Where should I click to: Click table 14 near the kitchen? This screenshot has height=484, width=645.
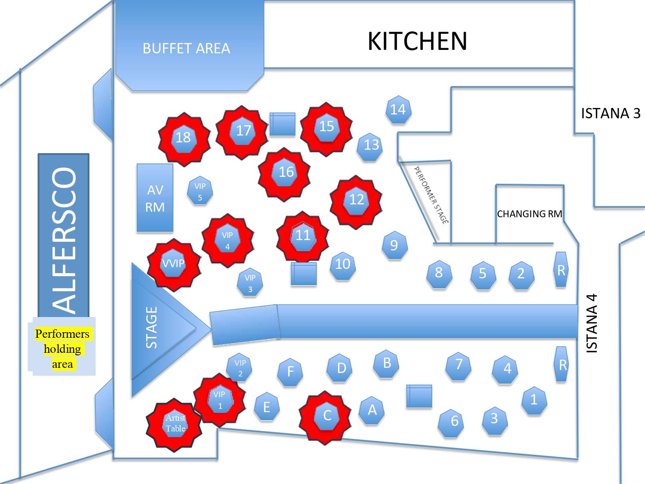click(x=398, y=110)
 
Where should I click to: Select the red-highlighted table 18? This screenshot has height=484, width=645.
click(x=184, y=138)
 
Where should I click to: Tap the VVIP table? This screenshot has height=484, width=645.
click(x=173, y=263)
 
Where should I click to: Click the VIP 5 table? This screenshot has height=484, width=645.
click(x=200, y=192)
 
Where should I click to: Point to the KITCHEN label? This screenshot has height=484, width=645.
click(x=417, y=41)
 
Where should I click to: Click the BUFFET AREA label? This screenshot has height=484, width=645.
click(x=186, y=48)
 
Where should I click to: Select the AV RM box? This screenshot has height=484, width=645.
click(x=155, y=198)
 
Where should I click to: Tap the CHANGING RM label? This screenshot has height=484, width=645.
click(x=529, y=214)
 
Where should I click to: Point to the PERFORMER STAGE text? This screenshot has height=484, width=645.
click(x=430, y=194)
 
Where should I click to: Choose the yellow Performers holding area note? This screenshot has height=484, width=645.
click(x=62, y=349)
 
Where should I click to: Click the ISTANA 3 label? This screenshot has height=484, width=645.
click(x=610, y=114)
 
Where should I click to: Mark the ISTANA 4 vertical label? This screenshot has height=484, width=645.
click(x=592, y=324)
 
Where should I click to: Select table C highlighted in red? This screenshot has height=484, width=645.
click(x=327, y=416)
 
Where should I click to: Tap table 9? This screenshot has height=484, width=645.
click(x=394, y=245)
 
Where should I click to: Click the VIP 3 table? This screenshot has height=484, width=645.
click(x=250, y=283)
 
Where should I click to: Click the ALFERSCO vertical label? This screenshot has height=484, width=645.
click(x=64, y=241)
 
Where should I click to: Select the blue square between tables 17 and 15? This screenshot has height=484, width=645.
click(x=283, y=124)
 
